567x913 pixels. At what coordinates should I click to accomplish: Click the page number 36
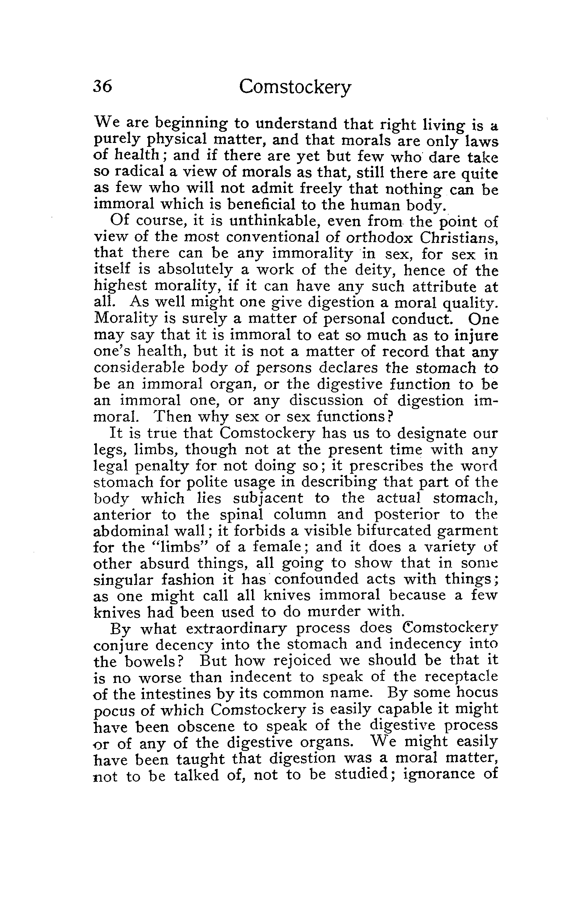pyautogui.click(x=103, y=86)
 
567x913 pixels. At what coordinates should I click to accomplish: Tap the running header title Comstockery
pyautogui.click(x=295, y=88)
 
